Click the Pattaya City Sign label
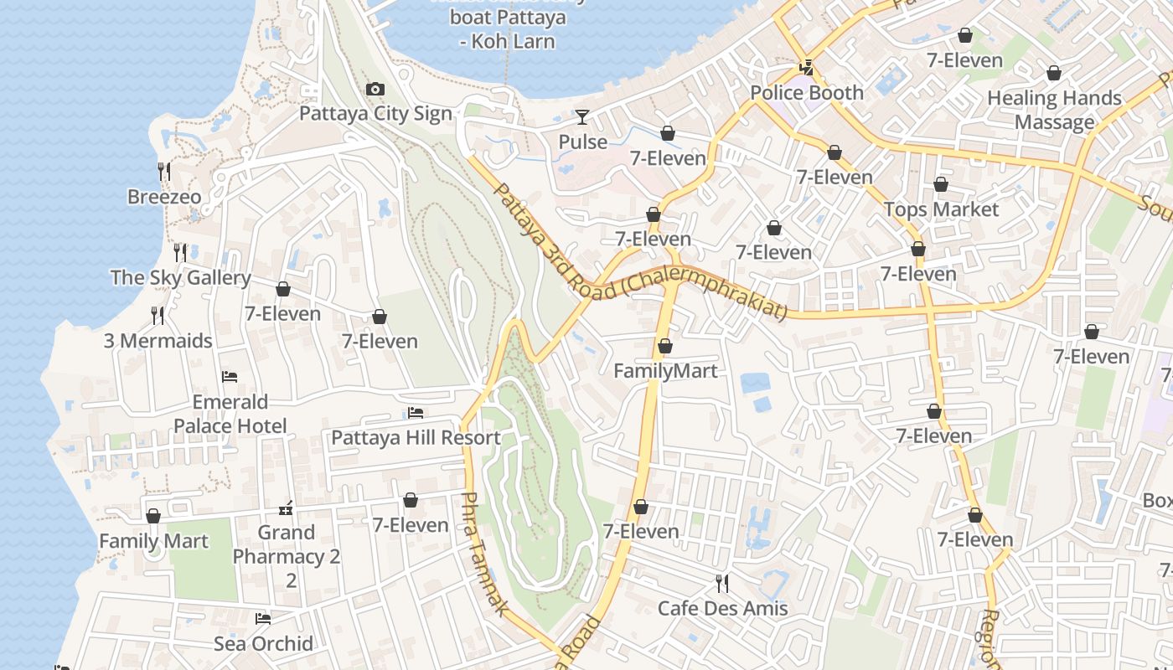(x=375, y=114)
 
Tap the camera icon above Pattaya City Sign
(x=375, y=90)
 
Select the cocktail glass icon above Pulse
(x=582, y=116)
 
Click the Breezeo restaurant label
(x=164, y=197)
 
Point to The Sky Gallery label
(x=180, y=277)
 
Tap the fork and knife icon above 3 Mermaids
(x=158, y=315)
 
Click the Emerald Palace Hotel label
(x=230, y=414)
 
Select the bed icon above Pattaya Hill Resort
(x=415, y=412)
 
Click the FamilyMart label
(x=665, y=370)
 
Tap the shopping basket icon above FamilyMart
(x=665, y=346)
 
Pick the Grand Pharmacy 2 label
(x=287, y=544)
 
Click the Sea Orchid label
(x=263, y=643)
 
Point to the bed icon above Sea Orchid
(x=263, y=619)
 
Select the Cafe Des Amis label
(x=722, y=608)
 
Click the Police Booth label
(x=806, y=93)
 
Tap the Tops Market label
(x=942, y=209)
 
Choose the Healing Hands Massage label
(x=1054, y=110)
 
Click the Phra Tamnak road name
(x=483, y=553)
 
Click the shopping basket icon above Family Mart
(x=153, y=516)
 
